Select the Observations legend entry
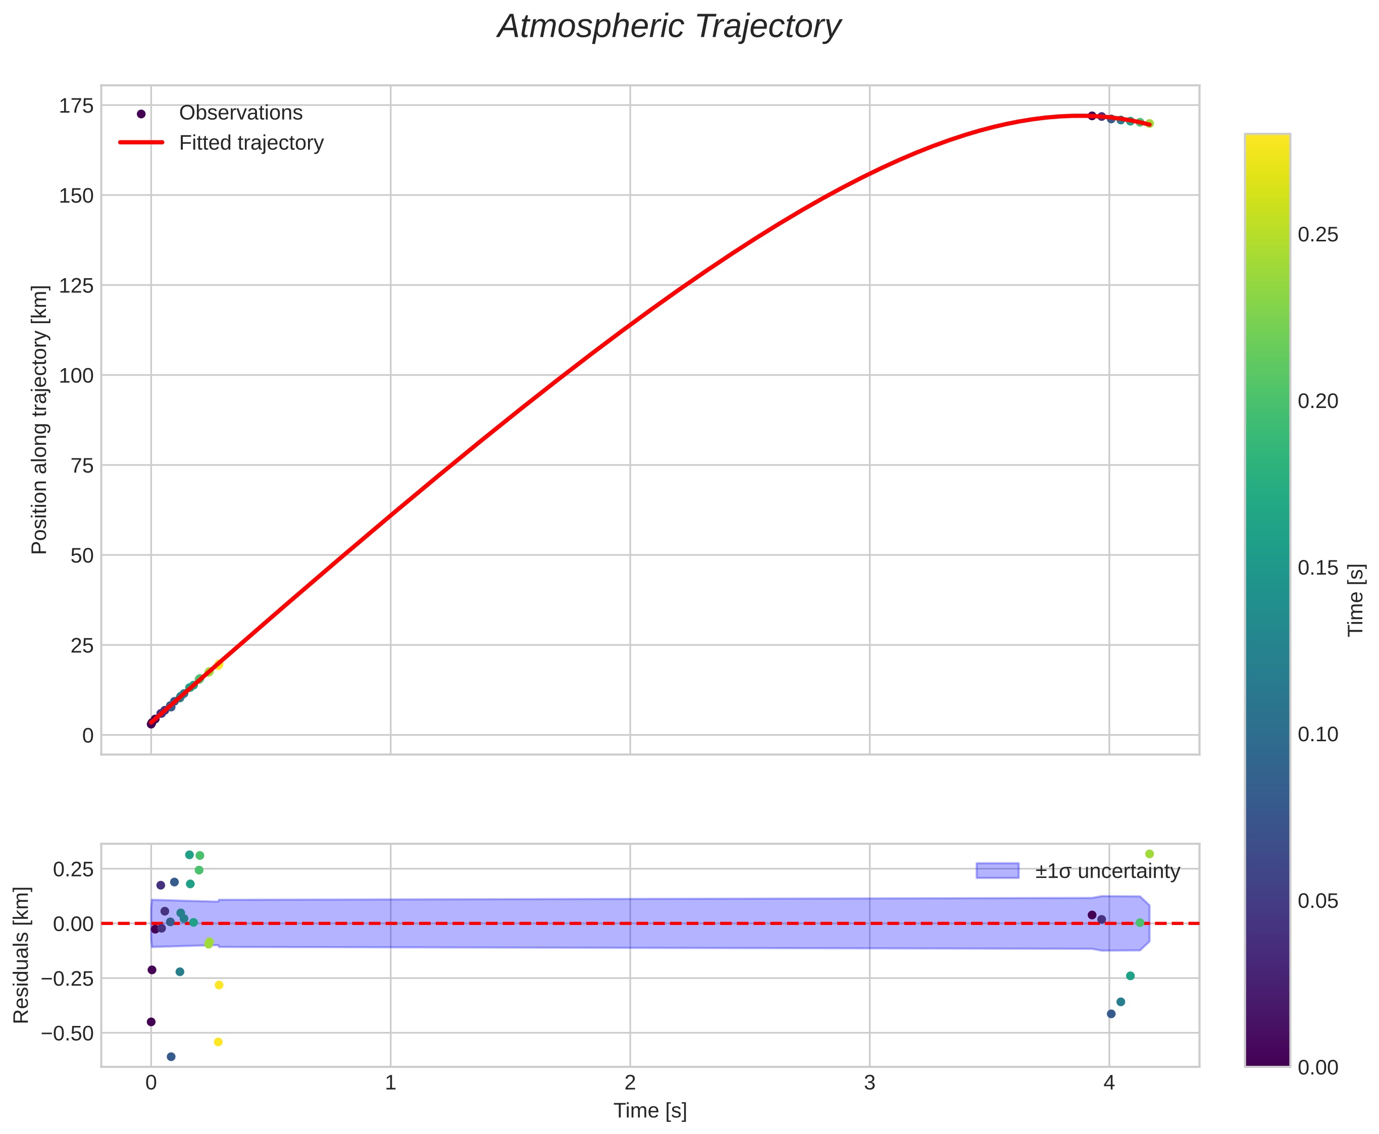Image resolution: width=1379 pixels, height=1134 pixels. click(x=240, y=113)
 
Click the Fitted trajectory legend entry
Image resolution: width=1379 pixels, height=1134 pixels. click(x=251, y=143)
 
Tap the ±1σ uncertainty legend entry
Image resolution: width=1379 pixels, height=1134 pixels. click(x=1107, y=871)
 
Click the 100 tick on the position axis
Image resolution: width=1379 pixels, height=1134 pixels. click(x=76, y=376)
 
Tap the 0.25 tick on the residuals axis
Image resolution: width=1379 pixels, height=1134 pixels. click(x=73, y=869)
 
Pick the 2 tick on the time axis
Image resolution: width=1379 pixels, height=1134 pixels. click(x=630, y=1084)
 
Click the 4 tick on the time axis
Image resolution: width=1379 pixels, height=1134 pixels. click(x=1108, y=1084)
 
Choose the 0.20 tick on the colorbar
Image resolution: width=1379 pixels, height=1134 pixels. click(x=1317, y=401)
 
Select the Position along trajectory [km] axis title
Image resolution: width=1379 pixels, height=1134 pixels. click(x=40, y=420)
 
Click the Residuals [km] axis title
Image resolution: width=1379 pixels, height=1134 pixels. click(x=22, y=955)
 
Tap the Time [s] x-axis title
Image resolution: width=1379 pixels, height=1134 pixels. click(x=650, y=1110)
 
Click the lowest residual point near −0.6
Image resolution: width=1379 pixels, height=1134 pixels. click(x=171, y=1057)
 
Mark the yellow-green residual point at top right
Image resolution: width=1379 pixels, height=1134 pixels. click(x=1149, y=854)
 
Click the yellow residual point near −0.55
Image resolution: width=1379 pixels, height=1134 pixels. click(x=218, y=1042)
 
